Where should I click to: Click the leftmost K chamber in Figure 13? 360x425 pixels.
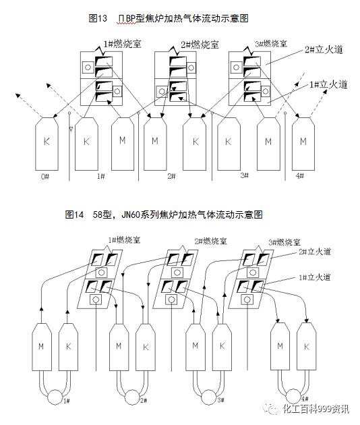(x=47, y=142)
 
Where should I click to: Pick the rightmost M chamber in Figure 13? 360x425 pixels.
(x=304, y=141)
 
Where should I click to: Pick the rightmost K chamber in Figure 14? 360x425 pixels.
(x=307, y=345)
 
